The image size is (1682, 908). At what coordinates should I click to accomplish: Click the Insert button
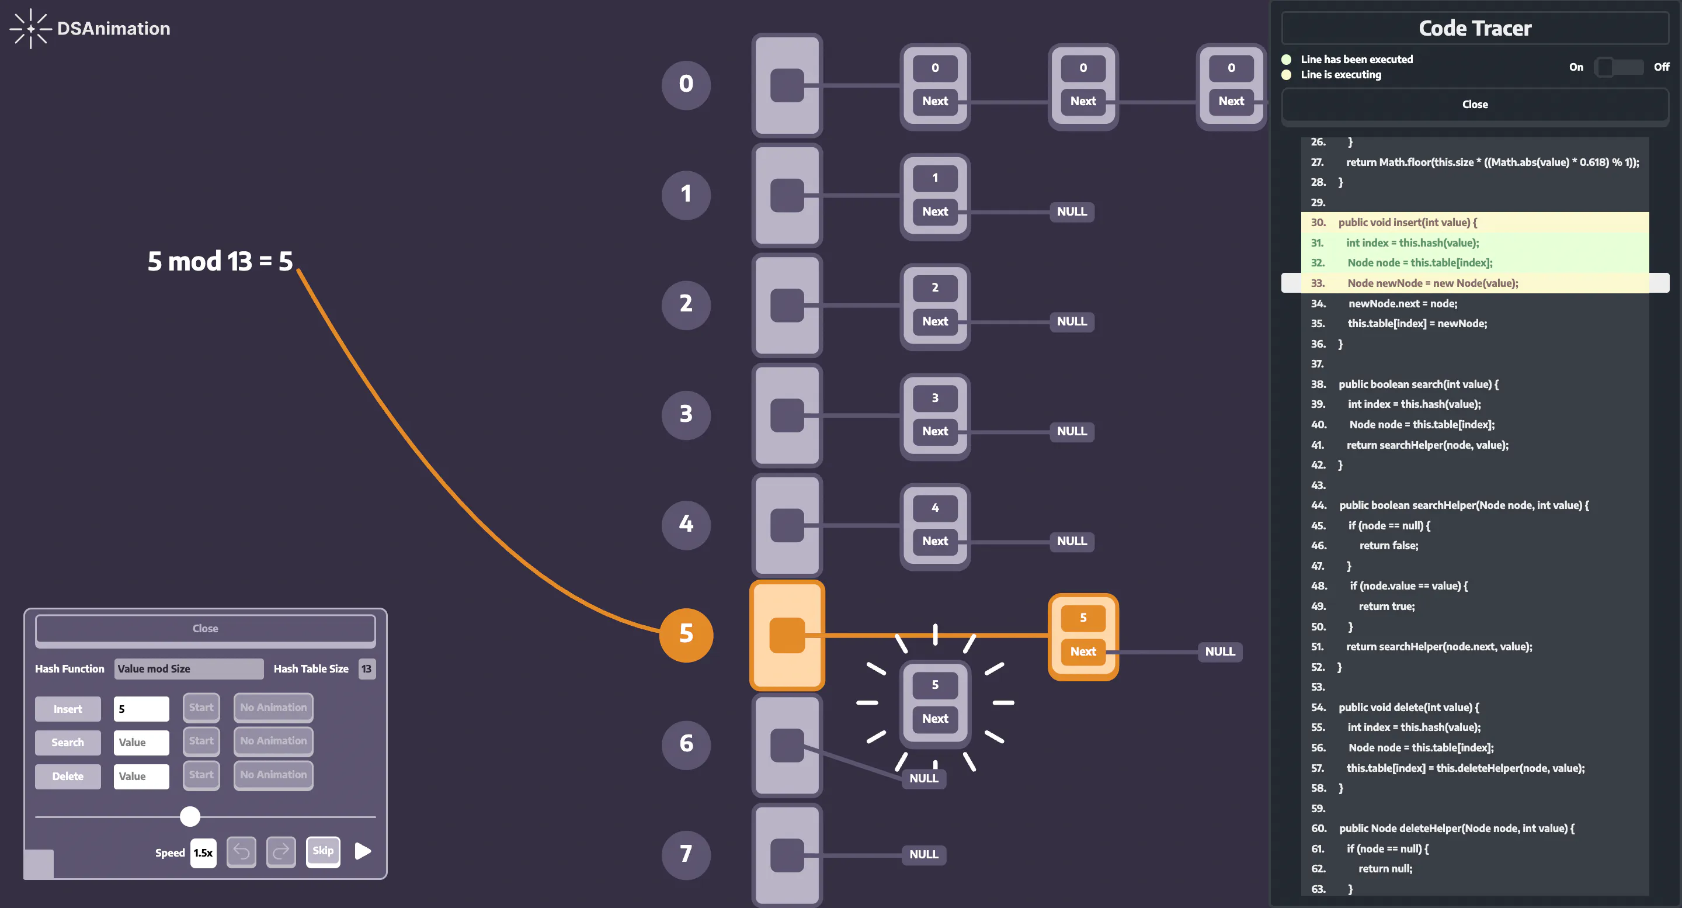(x=68, y=709)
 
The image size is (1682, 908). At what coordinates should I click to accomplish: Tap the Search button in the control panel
(x=68, y=742)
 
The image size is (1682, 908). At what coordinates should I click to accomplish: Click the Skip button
(x=323, y=851)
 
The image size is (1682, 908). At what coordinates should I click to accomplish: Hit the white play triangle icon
(x=363, y=851)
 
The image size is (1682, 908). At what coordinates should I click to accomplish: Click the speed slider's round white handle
(x=190, y=816)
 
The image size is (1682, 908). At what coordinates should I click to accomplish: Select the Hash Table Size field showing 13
(x=366, y=668)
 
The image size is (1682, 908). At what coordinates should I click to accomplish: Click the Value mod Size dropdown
(x=189, y=668)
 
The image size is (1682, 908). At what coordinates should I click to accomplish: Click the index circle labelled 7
(x=686, y=854)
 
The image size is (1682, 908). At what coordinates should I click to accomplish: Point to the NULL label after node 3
(x=1072, y=431)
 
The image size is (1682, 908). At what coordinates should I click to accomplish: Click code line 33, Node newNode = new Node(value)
(x=1433, y=283)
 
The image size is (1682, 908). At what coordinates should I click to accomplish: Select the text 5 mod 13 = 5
(x=220, y=261)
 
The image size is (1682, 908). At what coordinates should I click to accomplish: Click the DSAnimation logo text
(x=114, y=29)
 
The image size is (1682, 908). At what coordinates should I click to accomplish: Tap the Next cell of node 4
(x=935, y=541)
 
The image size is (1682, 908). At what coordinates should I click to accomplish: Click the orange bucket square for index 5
(x=787, y=635)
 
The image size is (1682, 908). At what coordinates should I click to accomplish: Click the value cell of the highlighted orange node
(x=1083, y=617)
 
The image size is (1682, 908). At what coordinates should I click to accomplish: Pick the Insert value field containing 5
(x=141, y=709)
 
